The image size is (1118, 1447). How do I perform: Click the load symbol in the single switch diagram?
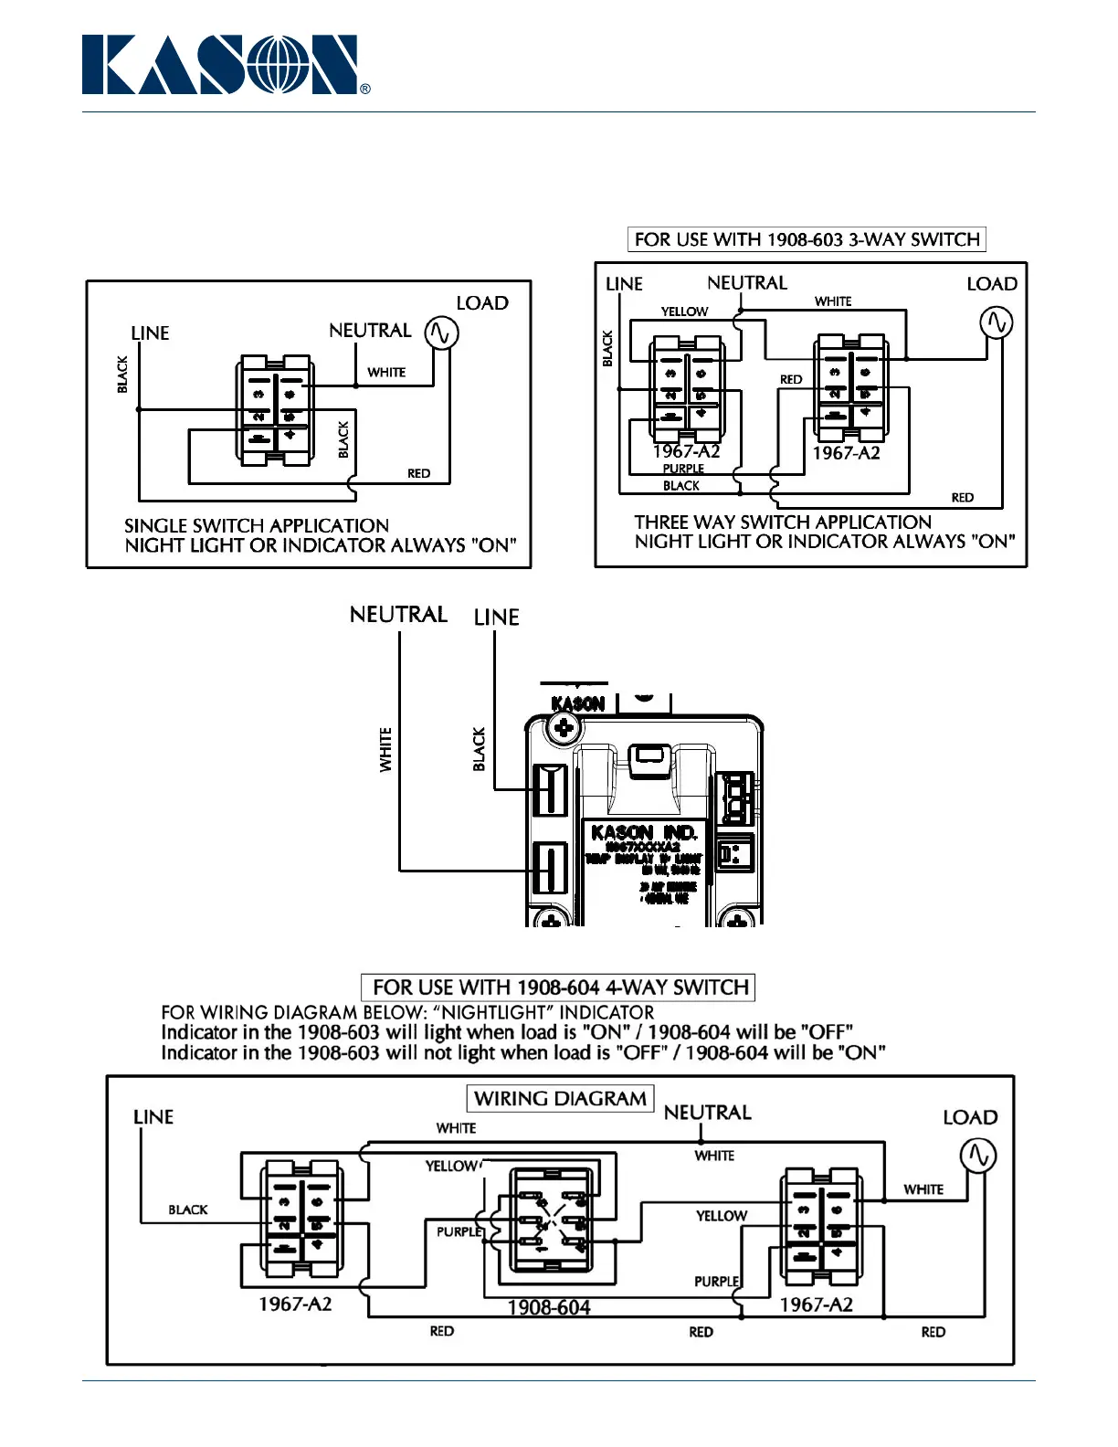[x=441, y=333]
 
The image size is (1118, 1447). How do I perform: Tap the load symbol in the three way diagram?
[x=996, y=322]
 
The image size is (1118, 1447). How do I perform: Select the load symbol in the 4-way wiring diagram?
[x=978, y=1156]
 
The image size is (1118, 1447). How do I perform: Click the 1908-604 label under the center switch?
[x=548, y=1307]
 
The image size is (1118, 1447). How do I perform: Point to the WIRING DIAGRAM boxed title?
[x=560, y=1098]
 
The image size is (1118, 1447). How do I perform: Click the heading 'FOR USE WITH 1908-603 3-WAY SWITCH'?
[x=807, y=239]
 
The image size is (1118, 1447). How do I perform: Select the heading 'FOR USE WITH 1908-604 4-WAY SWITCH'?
[x=558, y=988]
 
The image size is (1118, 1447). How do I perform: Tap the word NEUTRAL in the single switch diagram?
[x=370, y=330]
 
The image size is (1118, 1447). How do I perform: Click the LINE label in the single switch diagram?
[x=150, y=333]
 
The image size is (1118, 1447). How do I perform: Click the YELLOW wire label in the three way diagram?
[x=684, y=312]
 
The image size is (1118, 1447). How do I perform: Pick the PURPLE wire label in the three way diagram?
[x=683, y=469]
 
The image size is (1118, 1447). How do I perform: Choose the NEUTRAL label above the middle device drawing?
[x=398, y=615]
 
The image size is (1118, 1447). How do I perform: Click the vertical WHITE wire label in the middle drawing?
[x=385, y=749]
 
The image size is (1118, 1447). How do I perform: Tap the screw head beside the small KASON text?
[x=564, y=728]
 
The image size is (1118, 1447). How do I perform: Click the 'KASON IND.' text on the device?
[x=644, y=832]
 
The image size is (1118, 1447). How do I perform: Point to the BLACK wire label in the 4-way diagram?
[x=187, y=1209]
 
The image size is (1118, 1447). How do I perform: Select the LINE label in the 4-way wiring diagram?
[x=153, y=1117]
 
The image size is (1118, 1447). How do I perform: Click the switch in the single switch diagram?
[x=274, y=411]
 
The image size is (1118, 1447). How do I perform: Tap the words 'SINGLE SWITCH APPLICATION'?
[x=257, y=525]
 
